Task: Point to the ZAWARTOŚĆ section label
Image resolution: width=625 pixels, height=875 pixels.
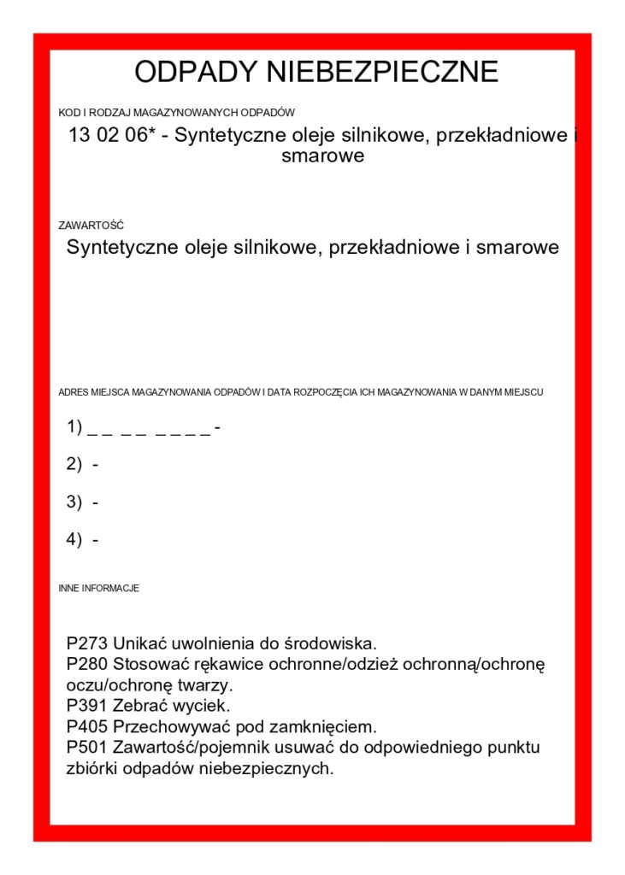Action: [91, 226]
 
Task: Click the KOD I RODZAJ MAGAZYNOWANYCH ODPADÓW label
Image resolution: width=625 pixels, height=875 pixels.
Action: [176, 112]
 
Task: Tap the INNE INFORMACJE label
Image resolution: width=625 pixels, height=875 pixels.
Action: [98, 589]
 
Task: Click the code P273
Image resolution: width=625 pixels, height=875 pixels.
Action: [87, 643]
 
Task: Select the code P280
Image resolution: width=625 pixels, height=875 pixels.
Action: [87, 664]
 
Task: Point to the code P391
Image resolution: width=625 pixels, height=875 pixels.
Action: [87, 707]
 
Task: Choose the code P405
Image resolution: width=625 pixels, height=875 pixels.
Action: [87, 727]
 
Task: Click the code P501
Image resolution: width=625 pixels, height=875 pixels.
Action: [87, 749]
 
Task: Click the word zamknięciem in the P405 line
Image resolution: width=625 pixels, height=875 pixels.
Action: [327, 727]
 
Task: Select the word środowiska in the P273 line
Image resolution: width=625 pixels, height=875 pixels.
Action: [332, 643]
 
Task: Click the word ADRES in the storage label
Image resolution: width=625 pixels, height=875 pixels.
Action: [73, 392]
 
